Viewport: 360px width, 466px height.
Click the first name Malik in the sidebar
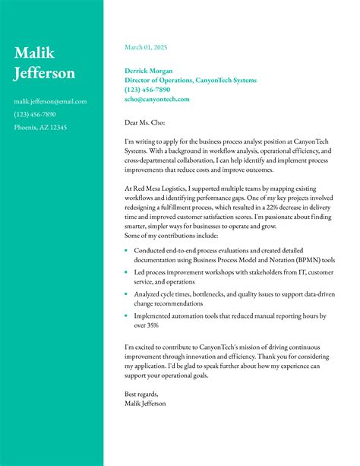34,53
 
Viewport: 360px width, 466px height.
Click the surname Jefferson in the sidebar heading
45,73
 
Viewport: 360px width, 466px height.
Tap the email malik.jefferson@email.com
50,101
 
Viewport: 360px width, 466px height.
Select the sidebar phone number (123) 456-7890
35,114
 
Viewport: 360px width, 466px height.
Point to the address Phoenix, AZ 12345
40,127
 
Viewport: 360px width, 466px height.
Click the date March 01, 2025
145,47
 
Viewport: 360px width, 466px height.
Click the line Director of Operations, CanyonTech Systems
190,80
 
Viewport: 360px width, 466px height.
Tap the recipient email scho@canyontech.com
156,99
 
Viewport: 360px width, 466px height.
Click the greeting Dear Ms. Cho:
144,122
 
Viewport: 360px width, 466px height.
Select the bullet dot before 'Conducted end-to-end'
126,250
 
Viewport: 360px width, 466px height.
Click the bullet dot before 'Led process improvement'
126,272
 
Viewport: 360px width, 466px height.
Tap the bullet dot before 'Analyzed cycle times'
126,293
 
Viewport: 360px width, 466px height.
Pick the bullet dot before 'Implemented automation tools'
126,315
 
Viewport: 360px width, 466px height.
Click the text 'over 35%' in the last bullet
146,325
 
